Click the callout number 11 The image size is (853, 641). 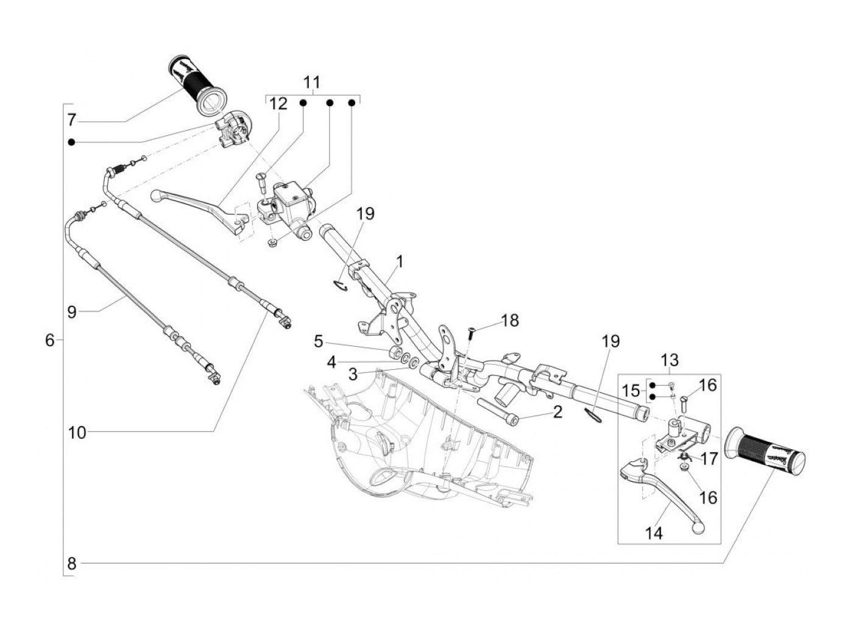point(311,82)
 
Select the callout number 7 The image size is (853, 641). point(71,120)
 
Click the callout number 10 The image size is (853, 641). point(77,433)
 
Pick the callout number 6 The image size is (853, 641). point(49,341)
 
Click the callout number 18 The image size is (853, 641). point(510,320)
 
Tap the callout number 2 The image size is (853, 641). point(557,412)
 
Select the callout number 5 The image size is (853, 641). point(318,341)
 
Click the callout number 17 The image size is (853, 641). point(709,459)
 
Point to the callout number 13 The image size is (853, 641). point(670,360)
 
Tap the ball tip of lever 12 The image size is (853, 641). point(156,194)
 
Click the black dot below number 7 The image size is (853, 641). point(71,143)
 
